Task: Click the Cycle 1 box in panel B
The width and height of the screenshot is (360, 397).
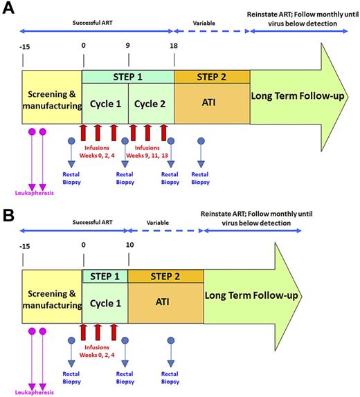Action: click(105, 302)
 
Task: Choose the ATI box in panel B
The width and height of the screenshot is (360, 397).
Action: click(165, 302)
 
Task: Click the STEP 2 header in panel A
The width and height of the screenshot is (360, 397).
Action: click(211, 76)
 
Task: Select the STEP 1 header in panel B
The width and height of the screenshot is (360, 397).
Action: click(105, 275)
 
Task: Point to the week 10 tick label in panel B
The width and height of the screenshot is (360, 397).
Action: click(128, 243)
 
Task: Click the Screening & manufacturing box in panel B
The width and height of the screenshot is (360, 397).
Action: click(52, 302)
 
